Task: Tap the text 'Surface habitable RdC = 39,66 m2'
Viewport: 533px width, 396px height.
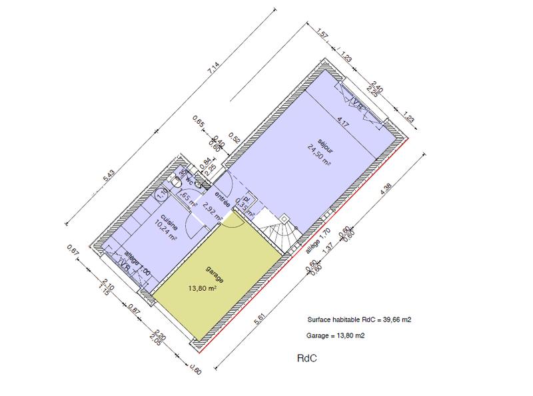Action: [x=359, y=319]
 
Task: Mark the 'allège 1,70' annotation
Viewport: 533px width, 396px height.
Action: [x=318, y=244]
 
